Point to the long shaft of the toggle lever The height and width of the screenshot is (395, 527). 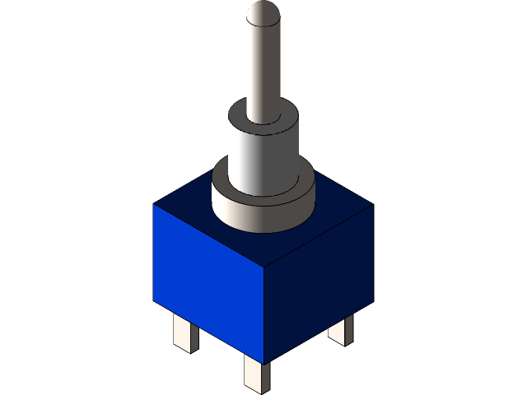tap(263, 66)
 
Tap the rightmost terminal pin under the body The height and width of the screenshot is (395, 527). tap(340, 329)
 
